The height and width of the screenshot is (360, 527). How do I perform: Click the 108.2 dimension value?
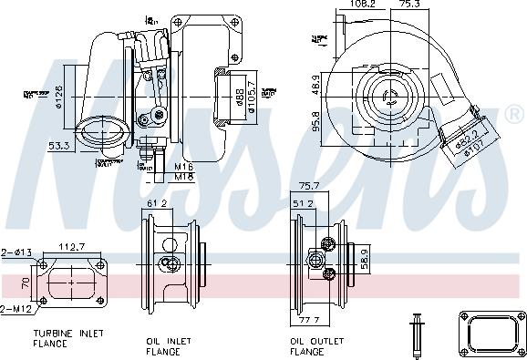click(x=363, y=5)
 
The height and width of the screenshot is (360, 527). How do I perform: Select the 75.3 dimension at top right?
click(x=411, y=5)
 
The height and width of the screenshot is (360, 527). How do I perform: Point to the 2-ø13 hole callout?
click(x=17, y=252)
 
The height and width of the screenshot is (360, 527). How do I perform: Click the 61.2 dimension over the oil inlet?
click(x=158, y=204)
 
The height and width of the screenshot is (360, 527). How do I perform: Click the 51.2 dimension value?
click(x=303, y=204)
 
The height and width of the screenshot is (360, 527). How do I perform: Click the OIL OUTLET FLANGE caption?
click(x=318, y=345)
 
